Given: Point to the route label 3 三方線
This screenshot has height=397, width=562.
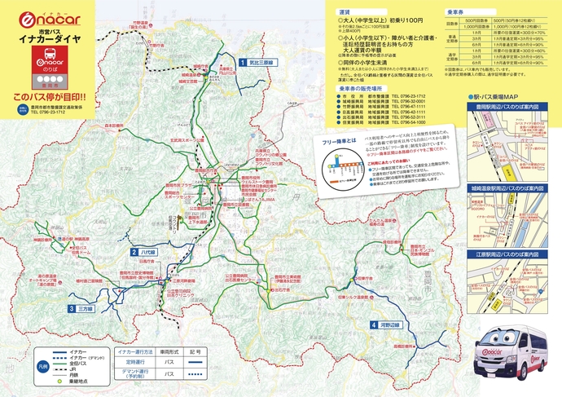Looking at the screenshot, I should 82,309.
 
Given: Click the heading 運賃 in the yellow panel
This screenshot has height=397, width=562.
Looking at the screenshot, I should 345,14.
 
